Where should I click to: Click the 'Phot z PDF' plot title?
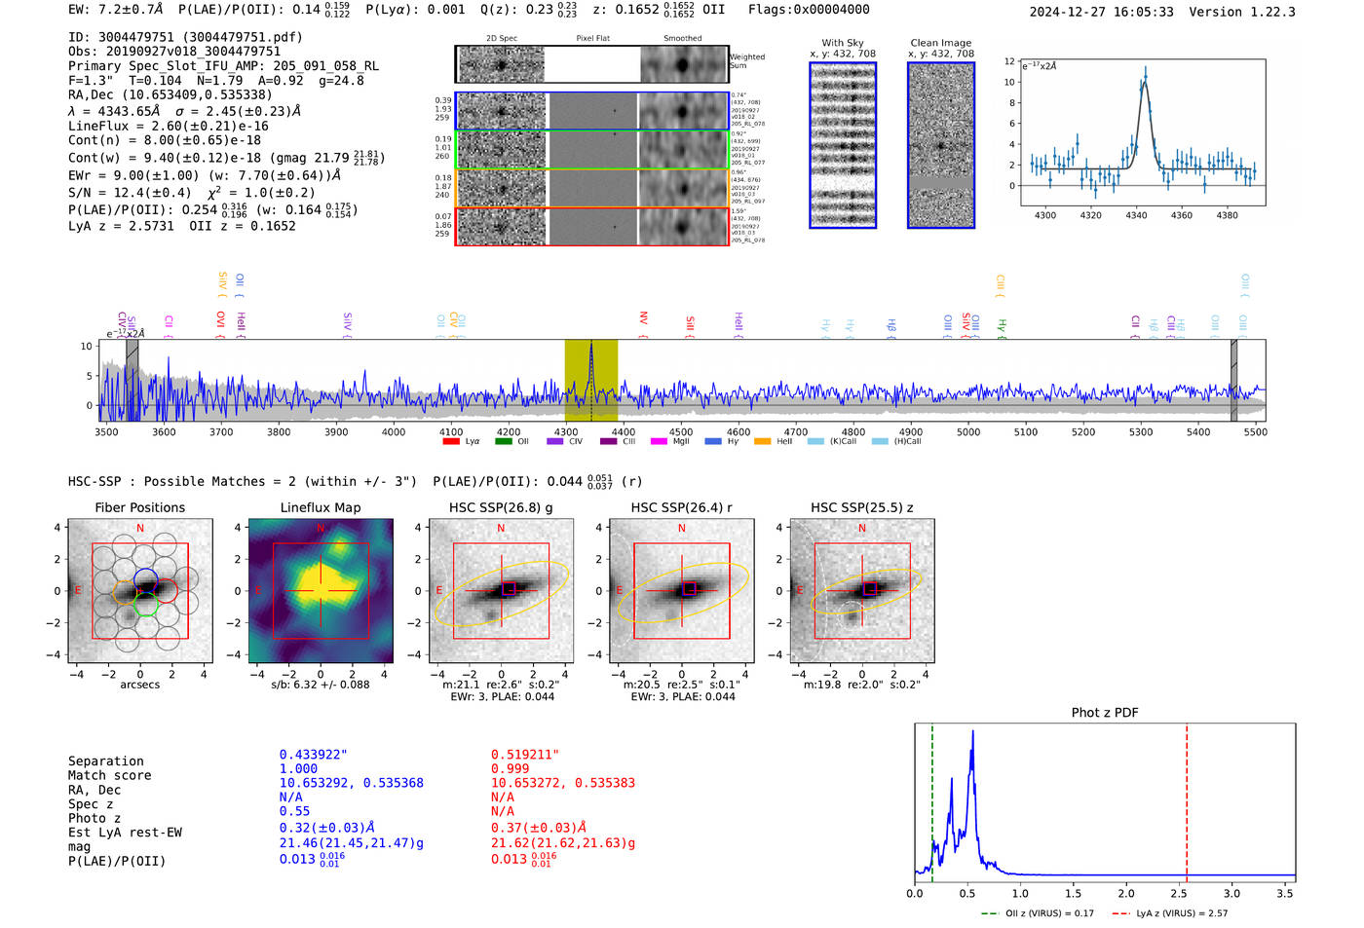1105,712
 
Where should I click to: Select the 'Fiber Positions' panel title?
139,507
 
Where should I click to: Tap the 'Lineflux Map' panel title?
321,507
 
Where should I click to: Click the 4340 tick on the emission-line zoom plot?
1136,215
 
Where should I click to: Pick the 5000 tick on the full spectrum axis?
968,431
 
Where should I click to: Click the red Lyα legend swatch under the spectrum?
451,442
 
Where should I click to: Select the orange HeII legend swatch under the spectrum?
762,442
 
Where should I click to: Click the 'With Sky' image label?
843,43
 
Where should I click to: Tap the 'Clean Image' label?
940,43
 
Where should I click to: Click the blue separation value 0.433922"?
314,755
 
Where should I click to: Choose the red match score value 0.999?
511,768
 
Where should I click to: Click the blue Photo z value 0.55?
294,811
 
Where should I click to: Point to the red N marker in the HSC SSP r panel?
681,528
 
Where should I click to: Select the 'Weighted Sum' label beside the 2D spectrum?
747,61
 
